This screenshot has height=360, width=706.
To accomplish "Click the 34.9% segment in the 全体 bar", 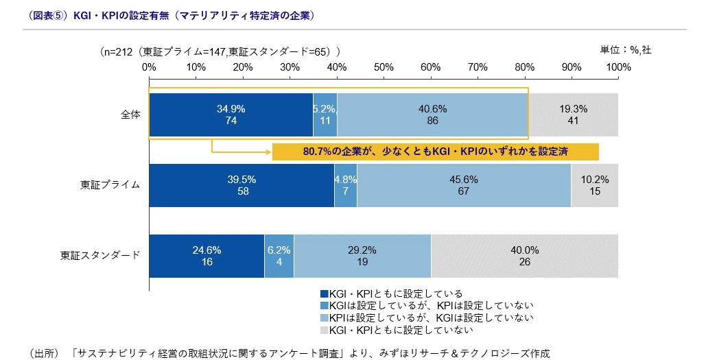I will (231, 115).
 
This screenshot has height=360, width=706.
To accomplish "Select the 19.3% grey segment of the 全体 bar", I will (574, 115).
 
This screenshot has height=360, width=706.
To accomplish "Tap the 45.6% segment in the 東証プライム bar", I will (464, 185).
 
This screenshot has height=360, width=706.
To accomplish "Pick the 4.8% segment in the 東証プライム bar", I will (346, 185).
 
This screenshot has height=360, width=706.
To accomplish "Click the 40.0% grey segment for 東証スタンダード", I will (524, 256).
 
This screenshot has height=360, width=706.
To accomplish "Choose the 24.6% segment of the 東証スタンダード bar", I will (206, 256).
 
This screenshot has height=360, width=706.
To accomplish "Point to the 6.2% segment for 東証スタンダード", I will (279, 256).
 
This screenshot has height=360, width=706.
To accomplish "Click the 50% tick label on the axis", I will (384, 67).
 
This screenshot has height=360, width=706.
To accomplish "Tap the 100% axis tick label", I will (618, 67).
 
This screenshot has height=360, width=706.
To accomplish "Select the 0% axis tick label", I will (149, 67).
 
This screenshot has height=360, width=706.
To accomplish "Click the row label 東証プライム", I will (110, 185).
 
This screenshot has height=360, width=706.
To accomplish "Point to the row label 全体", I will (130, 115).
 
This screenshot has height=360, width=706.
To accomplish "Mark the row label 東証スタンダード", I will (100, 256).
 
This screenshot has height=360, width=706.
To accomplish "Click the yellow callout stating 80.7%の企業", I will (435, 152).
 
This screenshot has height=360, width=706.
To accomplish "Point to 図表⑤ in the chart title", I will (48, 14).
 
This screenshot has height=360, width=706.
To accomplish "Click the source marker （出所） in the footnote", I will (47, 353).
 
